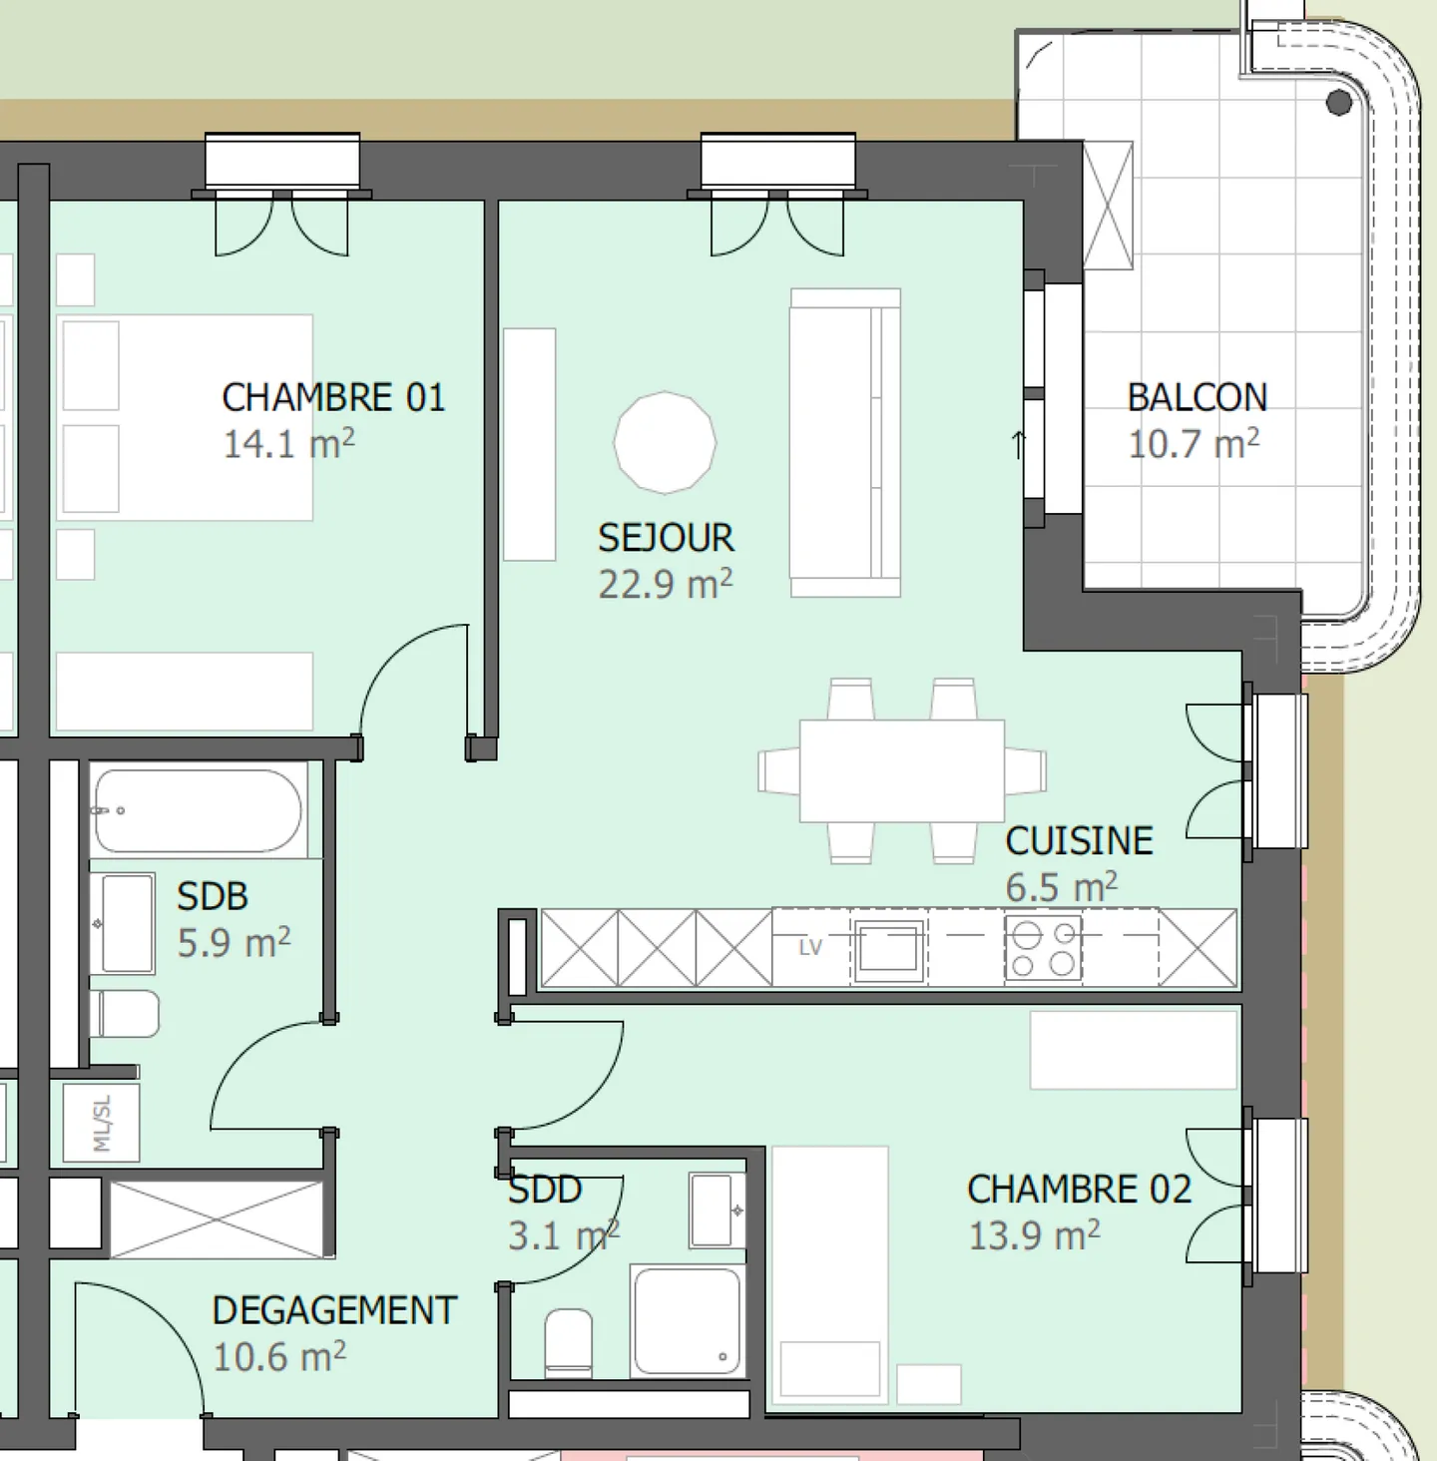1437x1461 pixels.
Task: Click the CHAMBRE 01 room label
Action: pyautogui.click(x=333, y=398)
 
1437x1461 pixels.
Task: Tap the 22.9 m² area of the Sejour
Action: pyautogui.click(x=665, y=585)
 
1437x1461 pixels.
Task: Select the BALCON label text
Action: pyautogui.click(x=1197, y=398)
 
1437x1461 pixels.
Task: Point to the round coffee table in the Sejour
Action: pyautogui.click(x=665, y=443)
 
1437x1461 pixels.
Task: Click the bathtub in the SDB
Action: pyautogui.click(x=199, y=811)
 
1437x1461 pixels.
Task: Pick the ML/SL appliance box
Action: pyautogui.click(x=102, y=1123)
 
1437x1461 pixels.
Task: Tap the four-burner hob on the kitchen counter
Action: pyautogui.click(x=1044, y=948)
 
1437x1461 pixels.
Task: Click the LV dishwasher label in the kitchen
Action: pyautogui.click(x=810, y=947)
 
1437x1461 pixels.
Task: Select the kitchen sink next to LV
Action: pyautogui.click(x=888, y=948)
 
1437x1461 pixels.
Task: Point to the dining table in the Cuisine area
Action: pyautogui.click(x=902, y=771)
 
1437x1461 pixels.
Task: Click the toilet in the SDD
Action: pyautogui.click(x=569, y=1343)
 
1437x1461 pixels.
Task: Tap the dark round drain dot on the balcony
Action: pyautogui.click(x=1339, y=103)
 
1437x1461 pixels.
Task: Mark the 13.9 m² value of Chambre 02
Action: pyautogui.click(x=1034, y=1235)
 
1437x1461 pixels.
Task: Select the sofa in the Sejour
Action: pyautogui.click(x=845, y=443)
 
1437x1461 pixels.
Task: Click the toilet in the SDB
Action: pyautogui.click(x=125, y=1014)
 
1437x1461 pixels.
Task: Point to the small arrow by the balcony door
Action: pyautogui.click(x=1019, y=445)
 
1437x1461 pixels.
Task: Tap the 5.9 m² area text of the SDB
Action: pyautogui.click(x=234, y=943)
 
